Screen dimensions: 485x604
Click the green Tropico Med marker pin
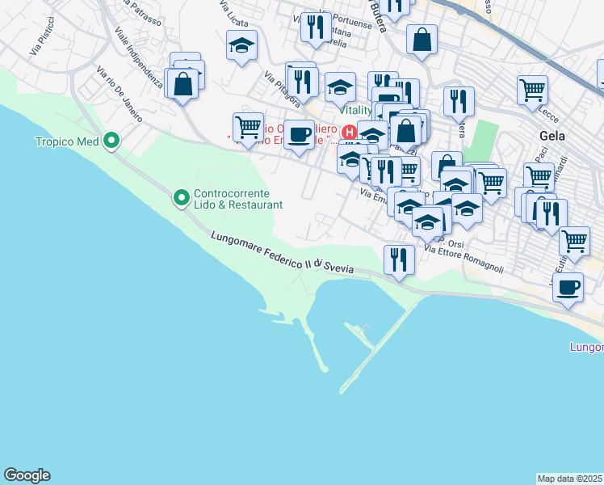click(x=111, y=141)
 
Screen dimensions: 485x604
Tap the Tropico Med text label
click(x=66, y=142)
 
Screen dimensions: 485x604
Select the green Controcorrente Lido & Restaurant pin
click(x=181, y=196)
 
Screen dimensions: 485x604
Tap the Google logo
click(x=27, y=475)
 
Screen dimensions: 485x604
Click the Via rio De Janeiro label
click(x=119, y=95)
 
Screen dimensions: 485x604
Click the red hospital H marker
click(x=350, y=131)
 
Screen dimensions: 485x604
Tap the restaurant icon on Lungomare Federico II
click(x=399, y=259)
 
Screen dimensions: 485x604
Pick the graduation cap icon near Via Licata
click(x=241, y=46)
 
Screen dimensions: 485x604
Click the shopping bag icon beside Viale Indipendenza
click(x=183, y=83)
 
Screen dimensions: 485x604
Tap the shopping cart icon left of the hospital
click(x=248, y=126)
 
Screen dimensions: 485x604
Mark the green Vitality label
click(x=356, y=109)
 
